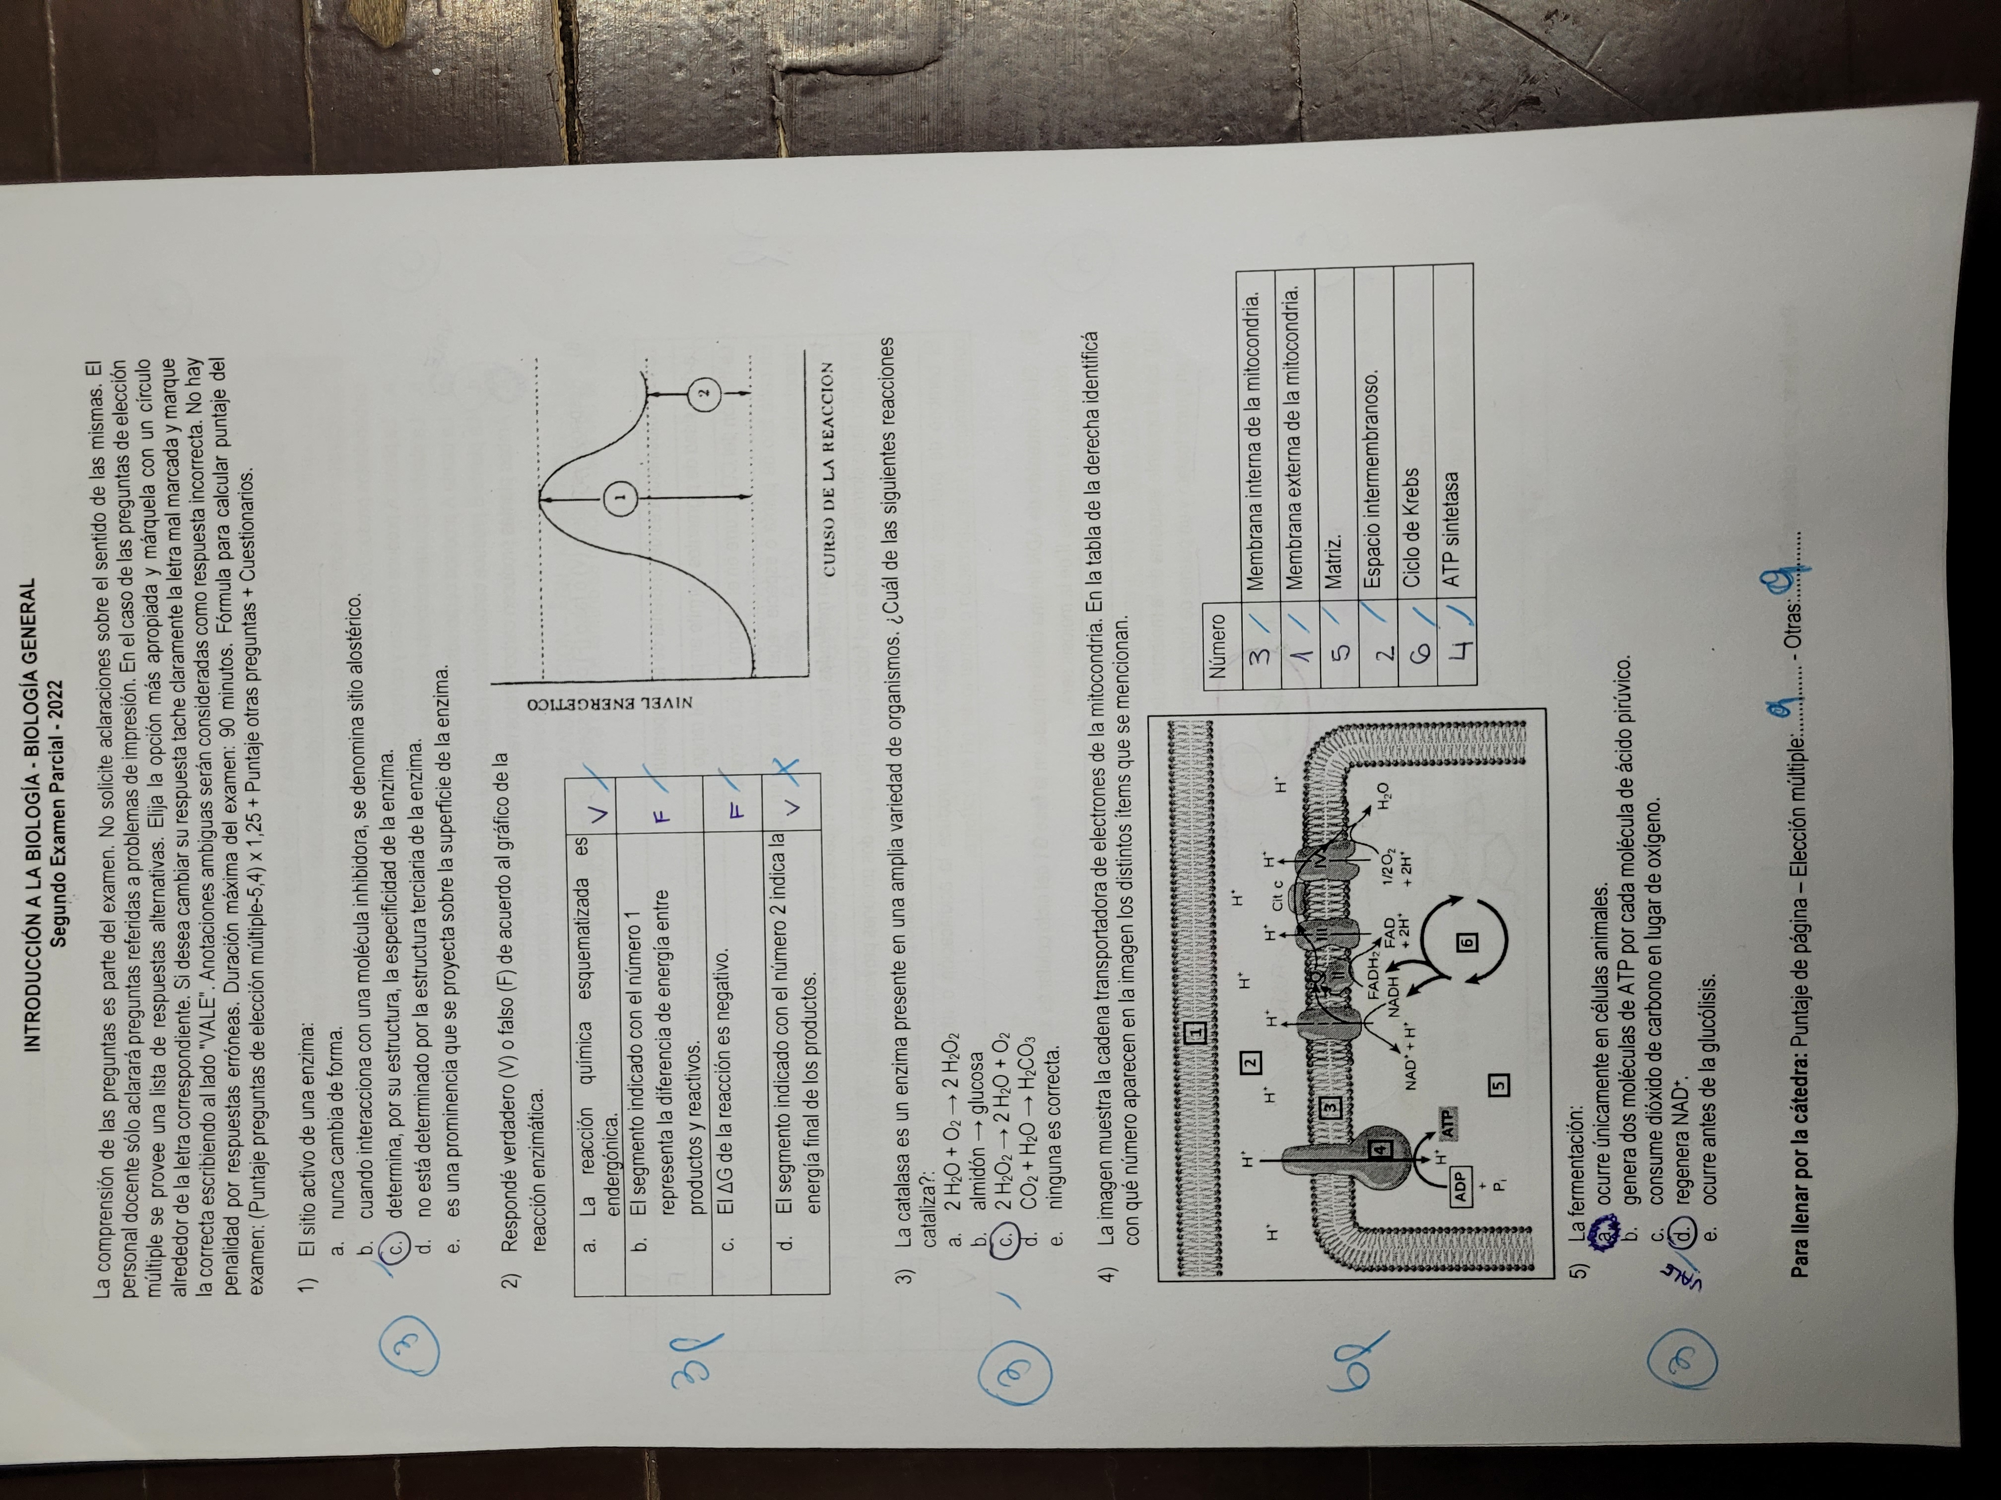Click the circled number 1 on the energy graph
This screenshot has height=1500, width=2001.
[x=620, y=496]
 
